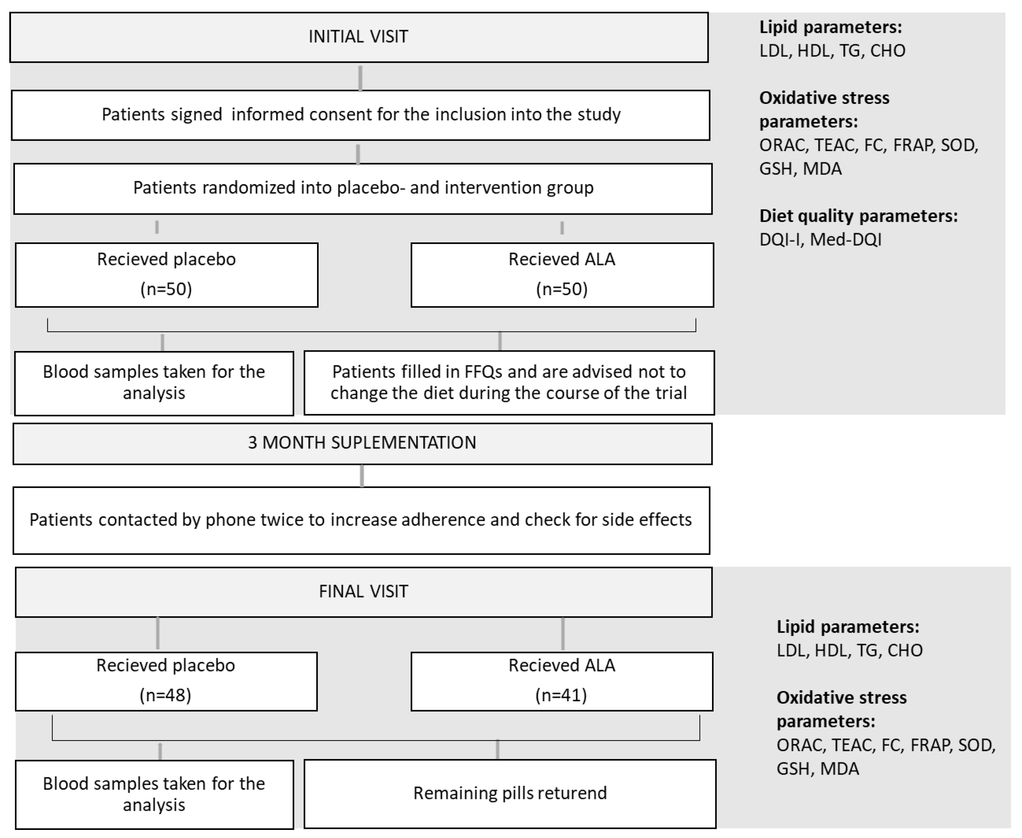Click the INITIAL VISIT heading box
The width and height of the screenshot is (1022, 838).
click(x=358, y=37)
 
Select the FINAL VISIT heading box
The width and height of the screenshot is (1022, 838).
click(x=363, y=592)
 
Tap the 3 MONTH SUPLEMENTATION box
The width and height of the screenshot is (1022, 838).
click(x=362, y=443)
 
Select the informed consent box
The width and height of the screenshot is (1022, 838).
click(x=361, y=115)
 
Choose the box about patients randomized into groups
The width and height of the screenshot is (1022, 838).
click(x=363, y=188)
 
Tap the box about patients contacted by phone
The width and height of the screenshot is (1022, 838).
click(x=361, y=520)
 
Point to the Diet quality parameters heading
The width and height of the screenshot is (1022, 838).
click(x=858, y=216)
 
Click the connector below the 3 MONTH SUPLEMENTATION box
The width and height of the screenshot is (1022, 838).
click(x=362, y=476)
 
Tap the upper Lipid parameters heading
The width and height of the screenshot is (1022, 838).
click(x=830, y=27)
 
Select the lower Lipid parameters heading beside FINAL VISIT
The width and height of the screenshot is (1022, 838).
click(x=847, y=627)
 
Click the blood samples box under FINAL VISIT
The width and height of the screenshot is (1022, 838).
click(x=154, y=794)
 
